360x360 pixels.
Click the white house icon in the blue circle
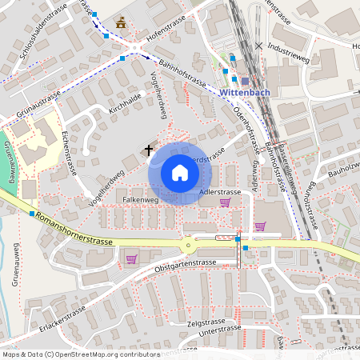[180, 173]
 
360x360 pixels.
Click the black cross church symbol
[148, 150]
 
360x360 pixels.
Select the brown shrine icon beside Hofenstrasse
[121, 23]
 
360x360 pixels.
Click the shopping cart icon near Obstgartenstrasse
[131, 258]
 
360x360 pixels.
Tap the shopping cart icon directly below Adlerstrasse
[225, 202]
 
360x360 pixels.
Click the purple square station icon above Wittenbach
[245, 80]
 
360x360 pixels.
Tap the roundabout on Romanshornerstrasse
[189, 246]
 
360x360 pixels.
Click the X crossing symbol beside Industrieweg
[258, 46]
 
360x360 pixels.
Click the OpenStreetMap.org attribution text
[104, 353]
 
